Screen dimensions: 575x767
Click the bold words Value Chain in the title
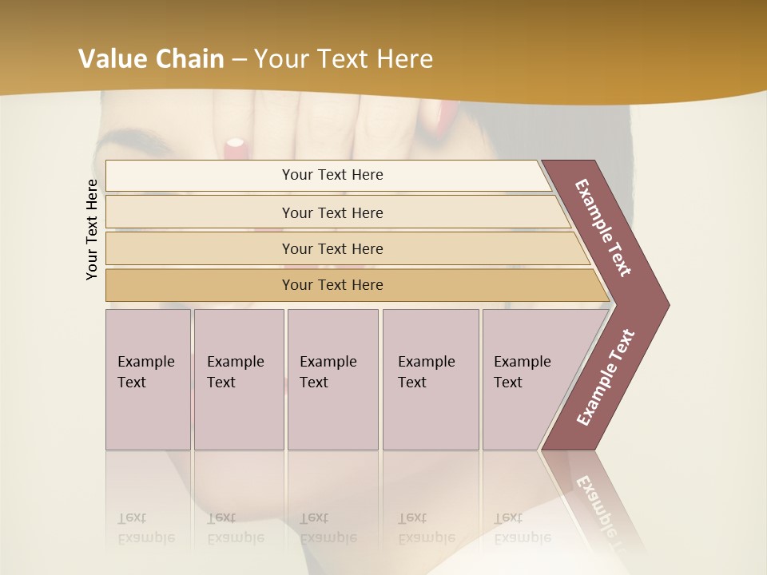pos(151,59)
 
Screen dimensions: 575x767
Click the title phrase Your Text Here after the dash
pos(344,59)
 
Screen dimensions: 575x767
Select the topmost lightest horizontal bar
pos(332,175)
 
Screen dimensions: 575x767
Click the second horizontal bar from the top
pos(332,212)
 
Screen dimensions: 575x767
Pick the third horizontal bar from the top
pos(332,248)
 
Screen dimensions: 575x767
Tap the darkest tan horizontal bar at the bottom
pos(332,285)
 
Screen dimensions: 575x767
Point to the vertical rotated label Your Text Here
pos(92,229)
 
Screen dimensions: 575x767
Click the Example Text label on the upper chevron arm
pos(603,228)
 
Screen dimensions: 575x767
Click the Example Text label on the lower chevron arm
pos(605,378)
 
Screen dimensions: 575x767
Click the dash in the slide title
pos(239,59)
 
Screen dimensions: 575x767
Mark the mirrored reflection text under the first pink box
pos(145,528)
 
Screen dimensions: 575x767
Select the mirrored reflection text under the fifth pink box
pos(522,528)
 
